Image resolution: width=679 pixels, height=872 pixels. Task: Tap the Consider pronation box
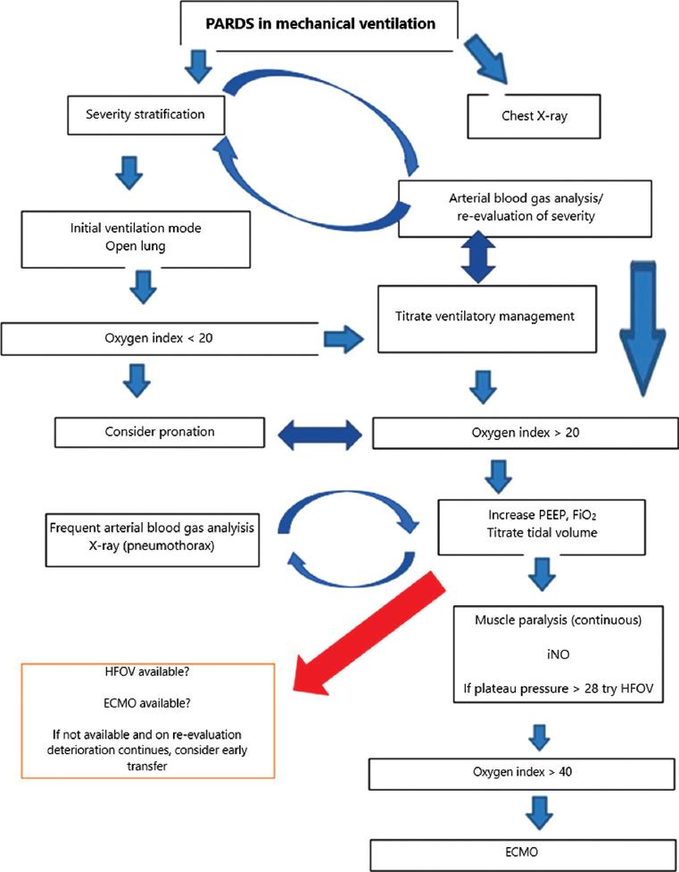click(159, 432)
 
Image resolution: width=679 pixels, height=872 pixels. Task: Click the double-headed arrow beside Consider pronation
click(319, 434)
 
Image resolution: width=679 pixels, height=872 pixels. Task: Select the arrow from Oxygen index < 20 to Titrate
click(344, 337)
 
